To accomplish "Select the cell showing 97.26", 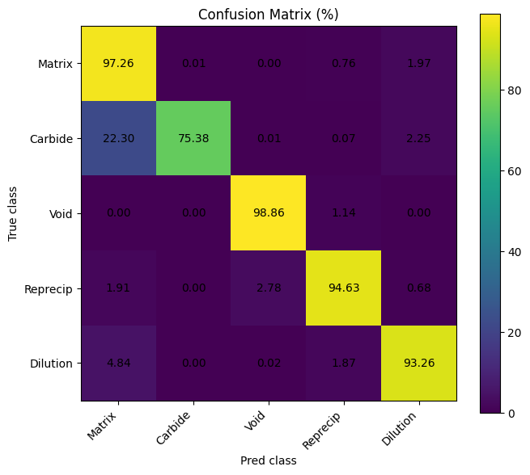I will tap(118, 63).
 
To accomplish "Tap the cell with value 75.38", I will tap(193, 138).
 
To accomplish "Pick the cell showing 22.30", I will tap(118, 138).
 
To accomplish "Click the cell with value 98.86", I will tap(269, 213).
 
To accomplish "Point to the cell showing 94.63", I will tap(344, 288).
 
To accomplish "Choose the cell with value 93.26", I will tap(419, 364).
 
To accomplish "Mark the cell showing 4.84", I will tap(118, 364).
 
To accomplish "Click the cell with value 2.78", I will tap(269, 288).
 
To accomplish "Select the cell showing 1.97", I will tap(419, 63).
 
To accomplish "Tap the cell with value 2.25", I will tap(419, 138).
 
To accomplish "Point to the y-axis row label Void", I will tap(61, 213).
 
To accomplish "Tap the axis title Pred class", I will tap(269, 460).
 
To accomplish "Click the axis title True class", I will tap(13, 213).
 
